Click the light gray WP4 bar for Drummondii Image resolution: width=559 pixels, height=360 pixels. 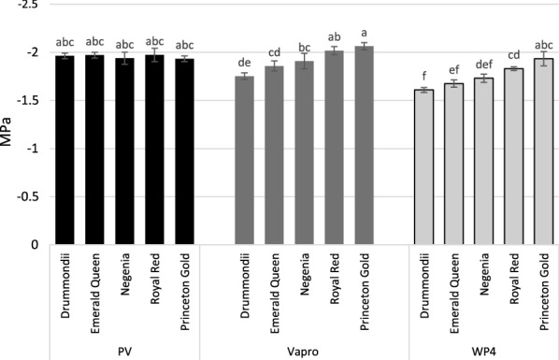pyautogui.click(x=423, y=167)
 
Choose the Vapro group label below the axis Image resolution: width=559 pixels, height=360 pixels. pyautogui.click(x=306, y=349)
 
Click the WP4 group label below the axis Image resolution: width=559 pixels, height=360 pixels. pyautogui.click(x=483, y=349)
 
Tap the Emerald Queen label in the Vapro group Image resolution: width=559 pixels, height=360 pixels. pyautogui.click(x=275, y=285)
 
